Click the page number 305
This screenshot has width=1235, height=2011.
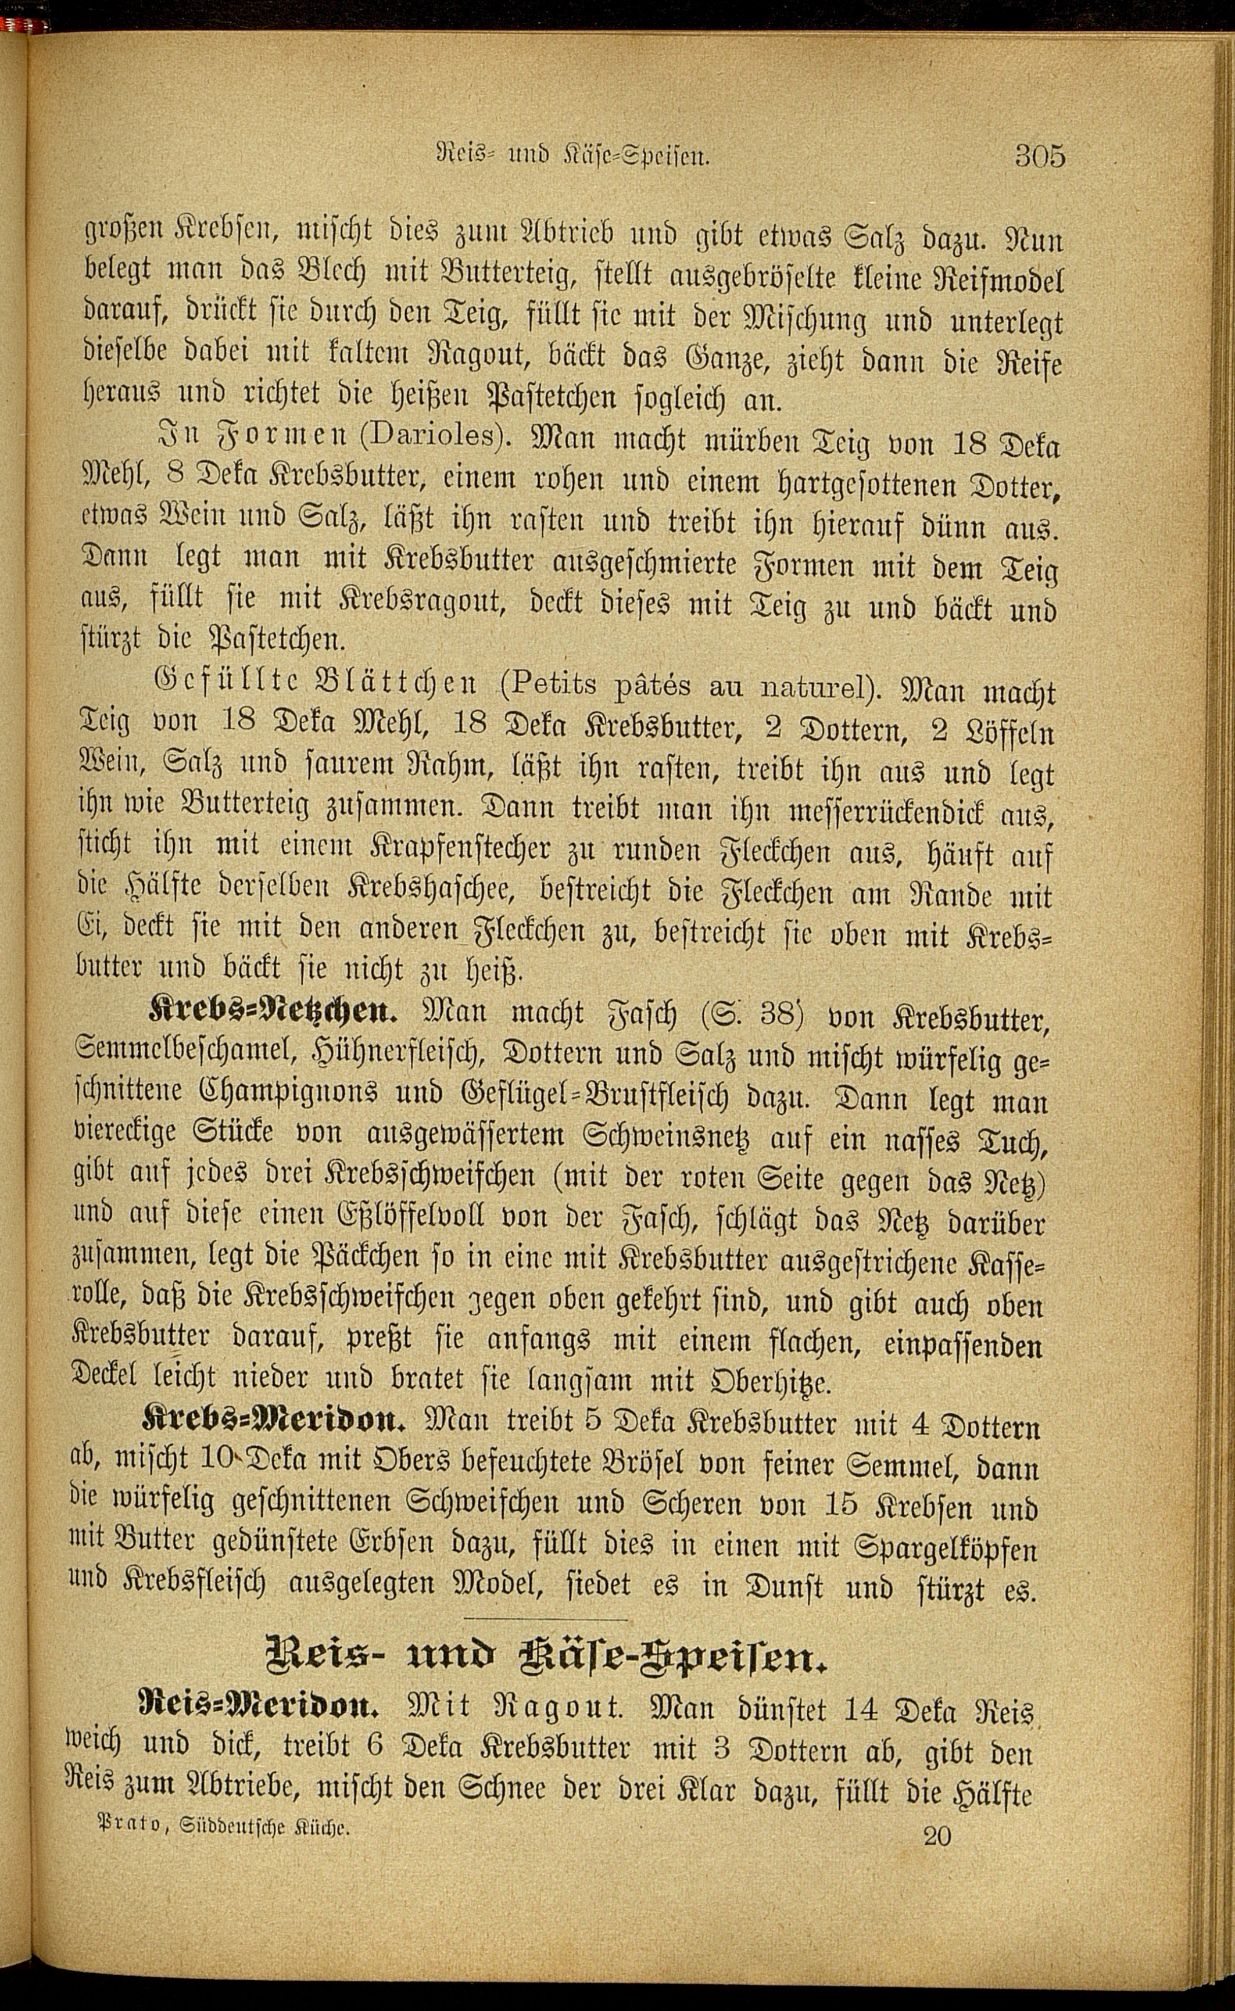pos(1040,155)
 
